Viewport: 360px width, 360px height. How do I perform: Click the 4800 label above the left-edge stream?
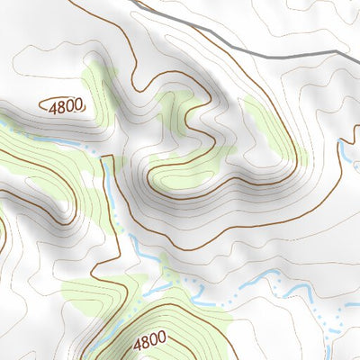(67, 105)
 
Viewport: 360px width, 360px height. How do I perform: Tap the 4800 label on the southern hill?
(149, 342)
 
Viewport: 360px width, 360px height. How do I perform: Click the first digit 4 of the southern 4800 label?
(137, 342)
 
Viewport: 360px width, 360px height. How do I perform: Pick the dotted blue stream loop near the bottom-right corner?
(333, 315)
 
